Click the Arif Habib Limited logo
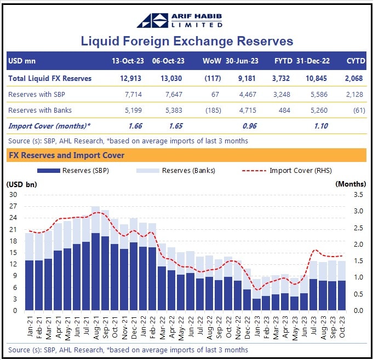pos(186,20)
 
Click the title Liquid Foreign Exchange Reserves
pos(187,41)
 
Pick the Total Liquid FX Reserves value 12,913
pos(135,78)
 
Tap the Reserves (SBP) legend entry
pos(77,171)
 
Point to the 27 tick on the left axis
pos(13,206)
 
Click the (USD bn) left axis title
pos(21,184)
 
